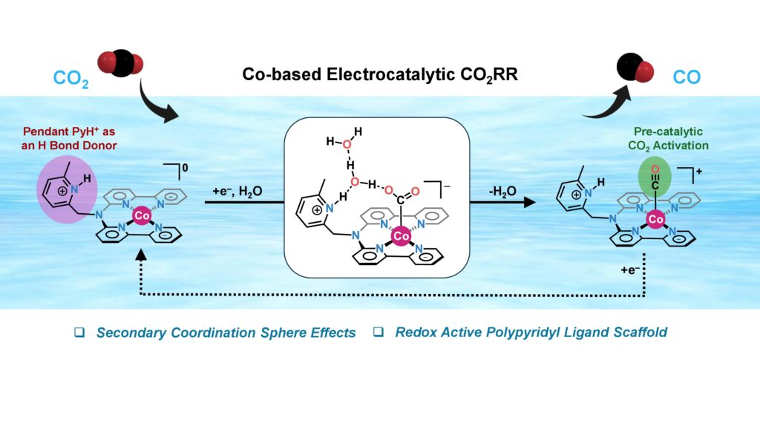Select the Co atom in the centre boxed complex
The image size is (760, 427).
402,235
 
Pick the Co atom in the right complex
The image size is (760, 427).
655,219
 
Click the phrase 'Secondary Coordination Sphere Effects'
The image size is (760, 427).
226,333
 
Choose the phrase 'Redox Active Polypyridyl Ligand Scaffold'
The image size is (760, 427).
531,333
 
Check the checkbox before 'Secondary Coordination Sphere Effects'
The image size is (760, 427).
79,333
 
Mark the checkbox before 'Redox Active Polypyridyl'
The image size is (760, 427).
378,333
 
